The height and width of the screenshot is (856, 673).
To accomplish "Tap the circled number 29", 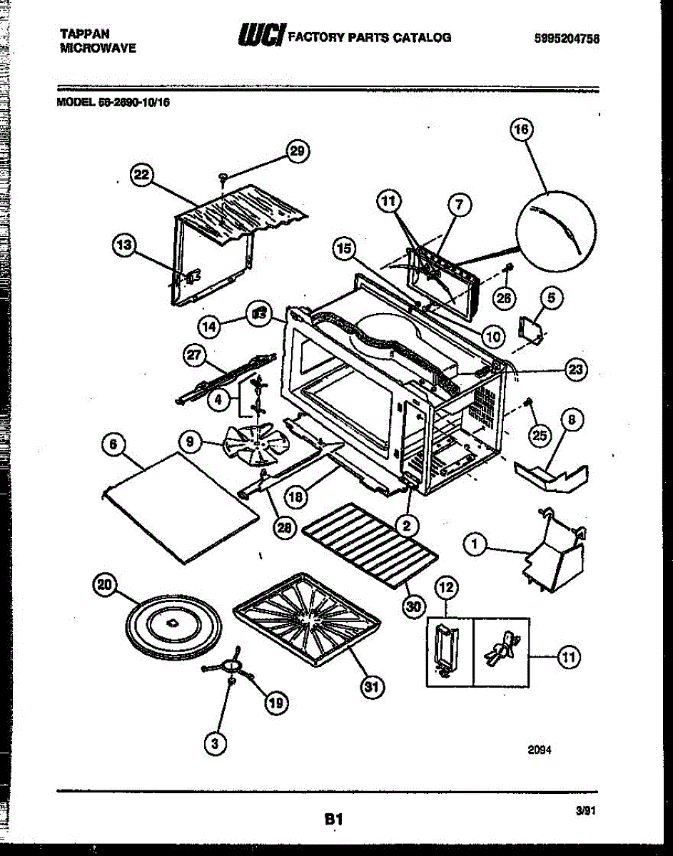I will [x=298, y=151].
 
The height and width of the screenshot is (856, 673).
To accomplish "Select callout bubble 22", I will [x=142, y=175].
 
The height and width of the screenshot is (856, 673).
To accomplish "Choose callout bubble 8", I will [x=572, y=420].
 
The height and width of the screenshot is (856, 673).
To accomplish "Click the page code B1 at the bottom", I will [x=334, y=820].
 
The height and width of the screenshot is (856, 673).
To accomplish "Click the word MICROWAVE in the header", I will [x=98, y=49].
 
